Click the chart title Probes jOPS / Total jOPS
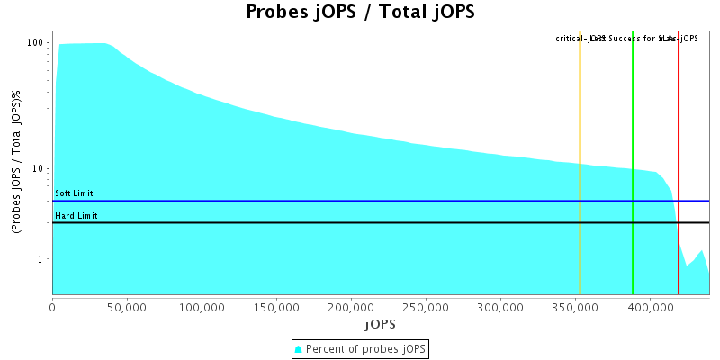click(x=360, y=13)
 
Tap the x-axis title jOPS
click(x=379, y=323)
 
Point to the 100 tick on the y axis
click(x=36, y=43)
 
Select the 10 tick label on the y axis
click(x=39, y=169)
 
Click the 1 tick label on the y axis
click(x=41, y=259)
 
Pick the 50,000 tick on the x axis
click(x=127, y=307)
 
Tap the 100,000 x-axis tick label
click(x=202, y=307)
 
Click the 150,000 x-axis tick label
click(x=276, y=307)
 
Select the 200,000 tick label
click(x=351, y=307)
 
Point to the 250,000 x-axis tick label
click(x=426, y=307)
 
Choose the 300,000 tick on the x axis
click(x=500, y=307)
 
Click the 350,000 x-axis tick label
click(x=575, y=307)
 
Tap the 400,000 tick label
click(x=650, y=307)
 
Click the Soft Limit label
click(x=74, y=193)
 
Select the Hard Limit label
click(x=76, y=216)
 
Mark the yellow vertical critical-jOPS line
click(x=580, y=162)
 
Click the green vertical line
click(x=633, y=162)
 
